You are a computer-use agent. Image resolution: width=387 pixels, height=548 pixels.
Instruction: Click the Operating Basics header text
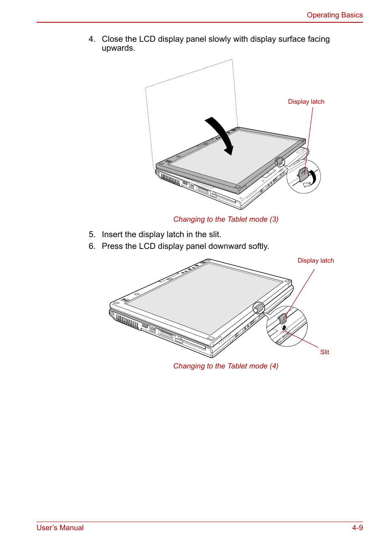334,15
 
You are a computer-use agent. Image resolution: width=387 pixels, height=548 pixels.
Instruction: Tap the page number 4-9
357,527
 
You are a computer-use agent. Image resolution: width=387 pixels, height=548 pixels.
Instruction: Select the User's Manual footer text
60,527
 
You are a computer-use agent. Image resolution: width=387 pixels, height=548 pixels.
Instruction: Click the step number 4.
92,39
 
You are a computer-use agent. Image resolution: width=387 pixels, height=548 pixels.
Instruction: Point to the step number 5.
92,234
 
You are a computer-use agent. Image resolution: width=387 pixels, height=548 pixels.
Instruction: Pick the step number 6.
92,246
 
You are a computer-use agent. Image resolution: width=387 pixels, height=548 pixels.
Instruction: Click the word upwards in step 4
118,48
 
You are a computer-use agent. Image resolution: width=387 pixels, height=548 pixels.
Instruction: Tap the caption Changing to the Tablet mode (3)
226,219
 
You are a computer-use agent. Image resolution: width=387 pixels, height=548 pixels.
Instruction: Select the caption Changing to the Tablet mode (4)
226,366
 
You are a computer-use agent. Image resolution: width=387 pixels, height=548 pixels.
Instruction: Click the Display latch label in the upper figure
306,102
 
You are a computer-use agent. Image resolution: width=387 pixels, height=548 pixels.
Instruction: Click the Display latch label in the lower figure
316,261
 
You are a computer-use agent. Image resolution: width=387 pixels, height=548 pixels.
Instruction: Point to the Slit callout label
325,352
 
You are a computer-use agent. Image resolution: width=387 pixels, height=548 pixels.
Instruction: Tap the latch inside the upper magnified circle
303,175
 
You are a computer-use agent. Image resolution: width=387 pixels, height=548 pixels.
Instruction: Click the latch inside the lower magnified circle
283,318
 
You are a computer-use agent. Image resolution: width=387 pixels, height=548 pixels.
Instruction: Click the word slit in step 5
214,234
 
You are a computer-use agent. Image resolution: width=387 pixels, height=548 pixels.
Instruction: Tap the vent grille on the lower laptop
127,321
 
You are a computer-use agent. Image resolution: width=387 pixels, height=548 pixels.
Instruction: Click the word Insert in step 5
112,234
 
